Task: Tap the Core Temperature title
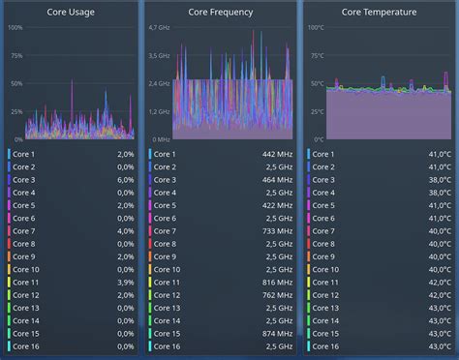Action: (379, 12)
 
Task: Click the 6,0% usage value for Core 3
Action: (126, 180)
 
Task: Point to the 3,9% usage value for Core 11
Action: (126, 282)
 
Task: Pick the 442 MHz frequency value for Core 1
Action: (276, 155)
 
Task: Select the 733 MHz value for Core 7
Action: (276, 231)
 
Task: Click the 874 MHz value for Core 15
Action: (276, 333)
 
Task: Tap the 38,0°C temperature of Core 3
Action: (440, 180)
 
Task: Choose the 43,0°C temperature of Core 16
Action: (440, 345)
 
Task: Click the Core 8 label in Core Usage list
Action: (24, 244)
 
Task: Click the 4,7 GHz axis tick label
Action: (160, 28)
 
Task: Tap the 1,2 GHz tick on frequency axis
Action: (160, 111)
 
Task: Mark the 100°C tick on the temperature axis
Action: (317, 28)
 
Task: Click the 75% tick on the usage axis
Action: (15, 56)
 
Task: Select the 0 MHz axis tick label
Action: (161, 139)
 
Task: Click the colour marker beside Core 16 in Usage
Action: (9, 345)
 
